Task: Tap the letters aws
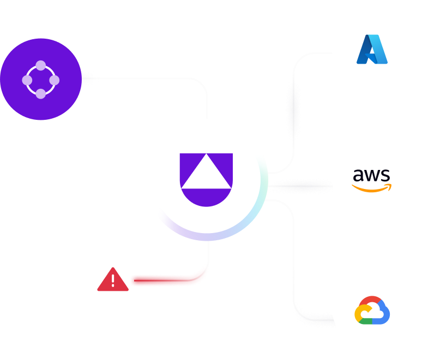[371, 175]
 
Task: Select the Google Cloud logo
[372, 310]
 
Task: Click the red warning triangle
[113, 280]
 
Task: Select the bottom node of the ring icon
[41, 94]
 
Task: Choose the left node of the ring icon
[27, 80]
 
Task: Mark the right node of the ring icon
[55, 80]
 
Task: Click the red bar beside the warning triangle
[164, 280]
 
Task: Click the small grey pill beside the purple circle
[90, 79]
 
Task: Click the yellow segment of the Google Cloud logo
[360, 314]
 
